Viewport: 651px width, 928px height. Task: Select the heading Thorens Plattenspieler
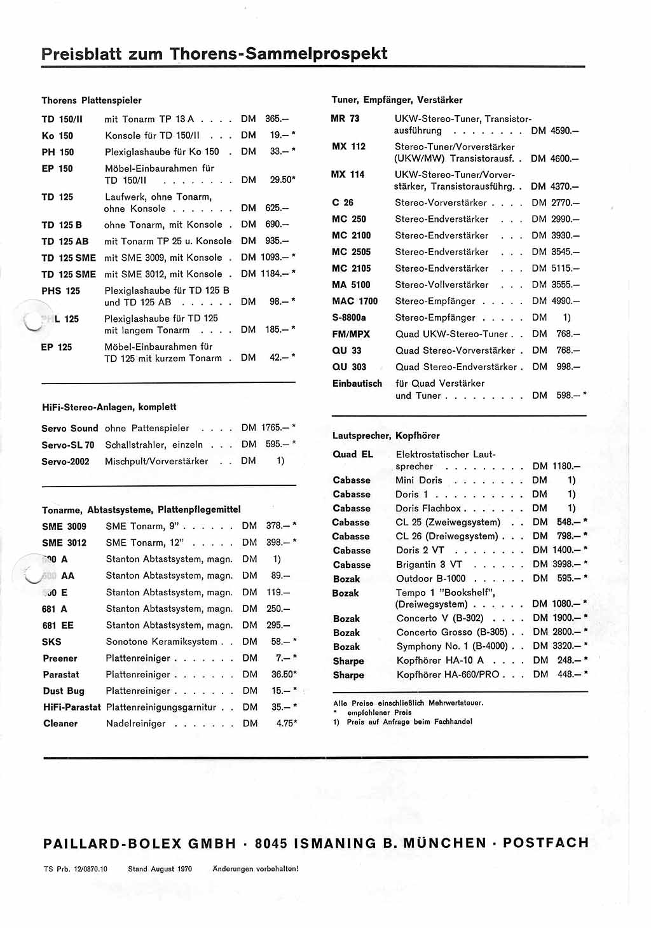point(92,100)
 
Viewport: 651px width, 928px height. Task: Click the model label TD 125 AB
point(65,242)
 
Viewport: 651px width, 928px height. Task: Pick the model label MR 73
point(345,118)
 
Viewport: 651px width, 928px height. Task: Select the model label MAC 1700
point(355,301)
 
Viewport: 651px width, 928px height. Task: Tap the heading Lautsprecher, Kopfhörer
point(386,436)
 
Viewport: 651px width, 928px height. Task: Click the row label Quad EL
point(353,454)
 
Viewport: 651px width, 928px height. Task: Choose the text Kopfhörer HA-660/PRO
point(448,674)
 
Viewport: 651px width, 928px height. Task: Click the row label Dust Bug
point(64,691)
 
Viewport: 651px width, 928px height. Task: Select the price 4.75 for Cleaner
point(285,723)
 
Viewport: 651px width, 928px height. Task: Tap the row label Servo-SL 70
point(68,445)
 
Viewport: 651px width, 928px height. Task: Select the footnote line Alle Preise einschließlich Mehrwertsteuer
point(408,703)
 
